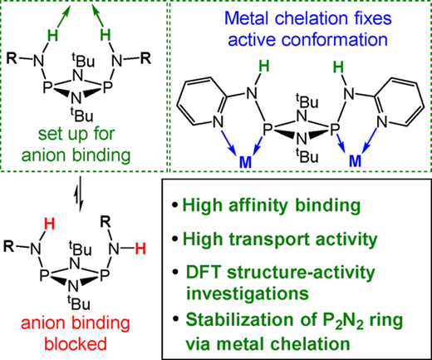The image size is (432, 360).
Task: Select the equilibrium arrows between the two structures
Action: tap(80, 194)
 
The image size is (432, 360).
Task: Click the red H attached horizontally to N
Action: tap(140, 249)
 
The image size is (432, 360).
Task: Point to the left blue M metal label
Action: tap(245, 162)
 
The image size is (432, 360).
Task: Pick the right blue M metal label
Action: tap(356, 160)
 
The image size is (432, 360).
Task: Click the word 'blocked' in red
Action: tap(76, 343)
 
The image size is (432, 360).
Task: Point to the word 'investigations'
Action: tap(248, 293)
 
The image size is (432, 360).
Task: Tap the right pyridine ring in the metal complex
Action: tap(400, 101)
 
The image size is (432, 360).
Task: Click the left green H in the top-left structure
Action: tap(53, 36)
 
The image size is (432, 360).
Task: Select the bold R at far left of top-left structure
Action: tap(12, 58)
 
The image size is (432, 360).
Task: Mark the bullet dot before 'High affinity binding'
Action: tap(174, 205)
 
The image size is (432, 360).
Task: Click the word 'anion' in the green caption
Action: tap(43, 155)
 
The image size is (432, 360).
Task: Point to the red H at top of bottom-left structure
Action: tap(50, 224)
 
